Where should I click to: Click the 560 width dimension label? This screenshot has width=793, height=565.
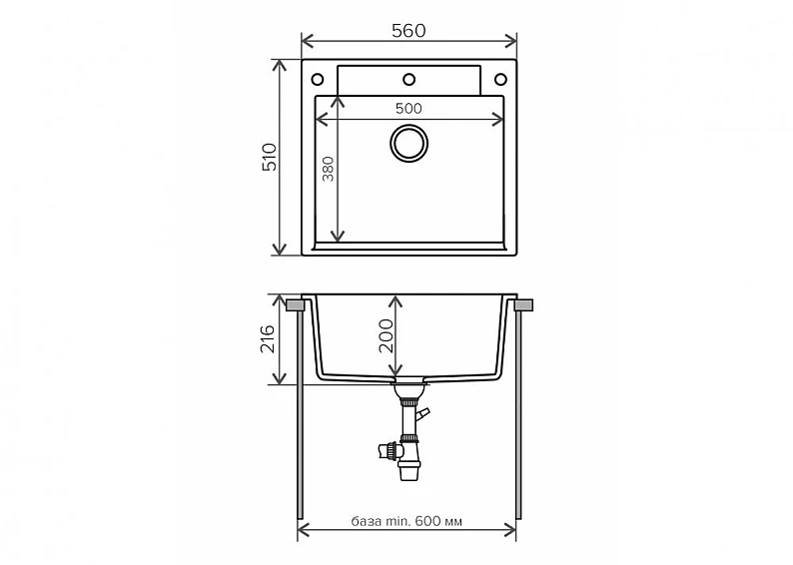click(408, 31)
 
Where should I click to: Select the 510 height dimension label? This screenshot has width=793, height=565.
click(270, 157)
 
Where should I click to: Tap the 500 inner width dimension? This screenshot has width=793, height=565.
click(408, 108)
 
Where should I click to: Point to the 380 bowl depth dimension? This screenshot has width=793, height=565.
click(329, 169)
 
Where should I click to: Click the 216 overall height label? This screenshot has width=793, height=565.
click(267, 338)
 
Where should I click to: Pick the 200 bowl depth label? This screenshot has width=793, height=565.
click(386, 335)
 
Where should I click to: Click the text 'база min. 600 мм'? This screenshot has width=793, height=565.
click(406, 521)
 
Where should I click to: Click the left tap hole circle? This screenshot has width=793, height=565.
click(317, 79)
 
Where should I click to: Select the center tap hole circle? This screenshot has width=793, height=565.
click(408, 79)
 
